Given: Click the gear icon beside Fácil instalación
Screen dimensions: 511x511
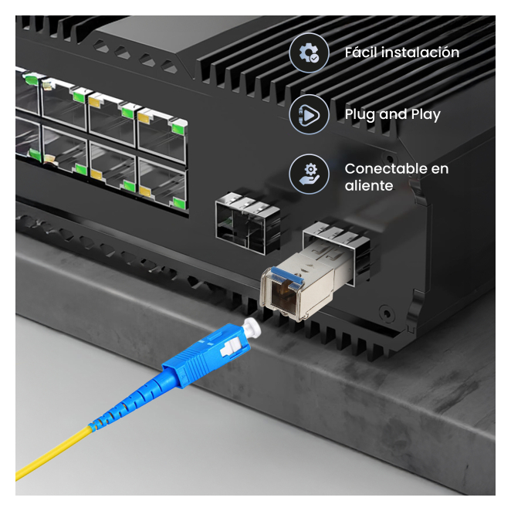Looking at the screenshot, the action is coord(309,52).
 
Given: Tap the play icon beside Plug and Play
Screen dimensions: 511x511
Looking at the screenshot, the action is coord(309,114).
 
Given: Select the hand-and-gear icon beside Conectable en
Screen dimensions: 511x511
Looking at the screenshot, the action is coord(309,174).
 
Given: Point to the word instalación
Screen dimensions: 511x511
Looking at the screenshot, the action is coord(421,52).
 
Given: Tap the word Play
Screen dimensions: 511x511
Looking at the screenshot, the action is coord(425,115).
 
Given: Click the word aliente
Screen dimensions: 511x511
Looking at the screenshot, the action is coord(369,186).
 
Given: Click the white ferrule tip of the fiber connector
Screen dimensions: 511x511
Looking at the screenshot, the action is coord(252,327).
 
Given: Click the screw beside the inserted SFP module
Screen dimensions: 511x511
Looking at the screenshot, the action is coord(387,313).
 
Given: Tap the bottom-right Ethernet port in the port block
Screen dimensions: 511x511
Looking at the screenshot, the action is coord(162,184).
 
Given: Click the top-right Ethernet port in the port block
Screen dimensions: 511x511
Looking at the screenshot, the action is coord(162,135).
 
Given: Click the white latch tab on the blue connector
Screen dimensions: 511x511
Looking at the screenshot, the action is coord(231,347).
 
